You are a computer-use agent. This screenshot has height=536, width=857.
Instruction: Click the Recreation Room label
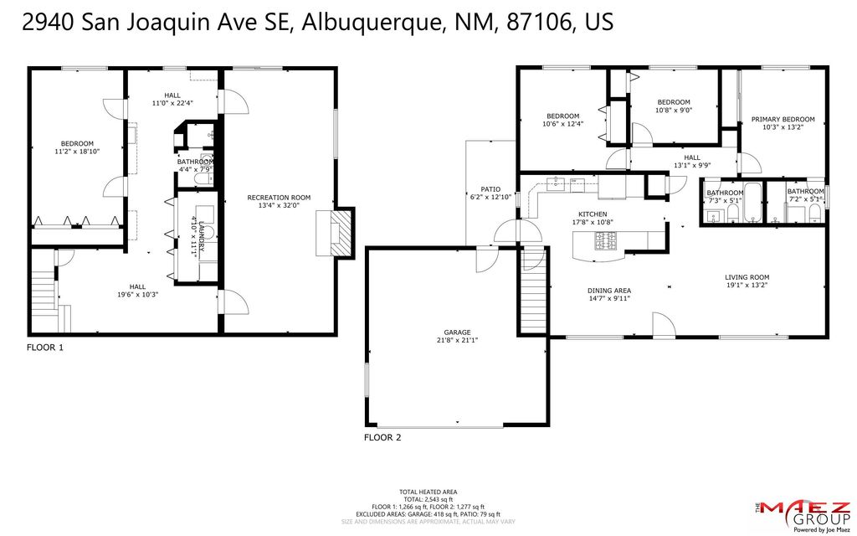[279, 198]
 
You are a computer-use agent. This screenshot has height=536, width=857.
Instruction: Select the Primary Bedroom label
[783, 120]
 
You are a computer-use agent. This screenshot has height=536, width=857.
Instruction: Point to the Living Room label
[747, 277]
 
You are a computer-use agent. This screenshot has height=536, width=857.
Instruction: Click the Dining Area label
[608, 291]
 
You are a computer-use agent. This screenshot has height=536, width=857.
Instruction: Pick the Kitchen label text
[593, 214]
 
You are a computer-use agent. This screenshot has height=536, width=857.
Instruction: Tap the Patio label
[490, 189]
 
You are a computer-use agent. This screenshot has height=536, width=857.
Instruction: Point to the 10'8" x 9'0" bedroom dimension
[674, 110]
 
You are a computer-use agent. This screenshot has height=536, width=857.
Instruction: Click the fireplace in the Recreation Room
[335, 234]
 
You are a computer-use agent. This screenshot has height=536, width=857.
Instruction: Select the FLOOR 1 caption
[45, 347]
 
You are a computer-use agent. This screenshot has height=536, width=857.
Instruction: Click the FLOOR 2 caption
[382, 437]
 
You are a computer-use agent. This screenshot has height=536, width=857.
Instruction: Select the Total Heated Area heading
[428, 492]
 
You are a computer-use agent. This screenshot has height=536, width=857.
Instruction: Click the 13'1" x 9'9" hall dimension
[691, 165]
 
